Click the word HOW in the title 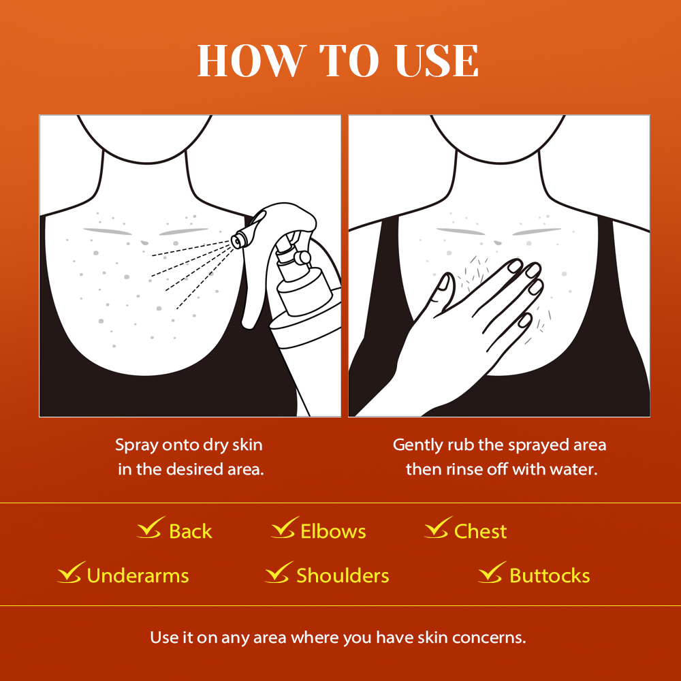tap(251, 61)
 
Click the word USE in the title tap(437, 61)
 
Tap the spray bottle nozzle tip tap(237, 241)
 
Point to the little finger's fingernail tap(525, 320)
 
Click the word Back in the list tap(190, 531)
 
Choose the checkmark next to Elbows tap(285, 527)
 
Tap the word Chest tap(480, 531)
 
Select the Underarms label tap(138, 576)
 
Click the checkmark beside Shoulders tap(279, 572)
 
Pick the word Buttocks tap(550, 576)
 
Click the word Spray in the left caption tap(136, 445)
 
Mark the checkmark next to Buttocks tap(492, 572)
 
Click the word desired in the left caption tap(195, 469)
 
